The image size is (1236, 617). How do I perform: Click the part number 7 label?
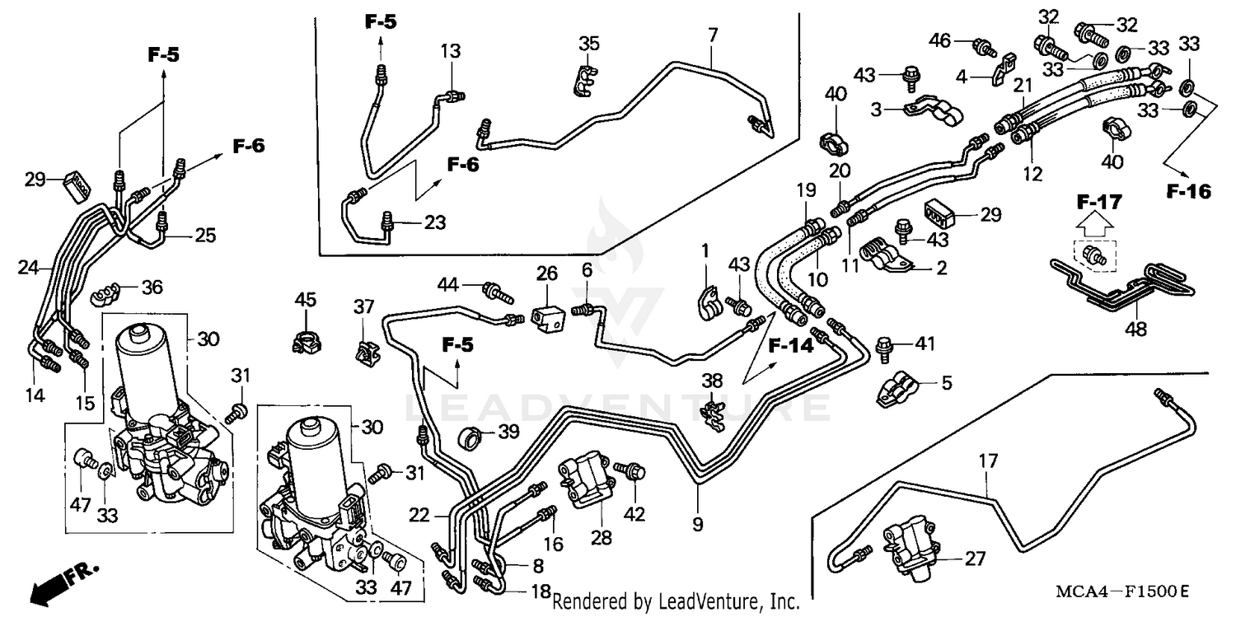click(713, 35)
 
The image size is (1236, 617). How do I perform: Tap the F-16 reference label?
click(1189, 192)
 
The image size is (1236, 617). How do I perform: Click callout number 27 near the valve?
click(975, 559)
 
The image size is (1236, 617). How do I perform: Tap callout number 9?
click(698, 524)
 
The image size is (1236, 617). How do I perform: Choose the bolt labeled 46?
click(981, 47)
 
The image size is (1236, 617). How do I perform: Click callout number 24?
click(28, 267)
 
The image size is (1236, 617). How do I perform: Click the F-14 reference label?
click(791, 346)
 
